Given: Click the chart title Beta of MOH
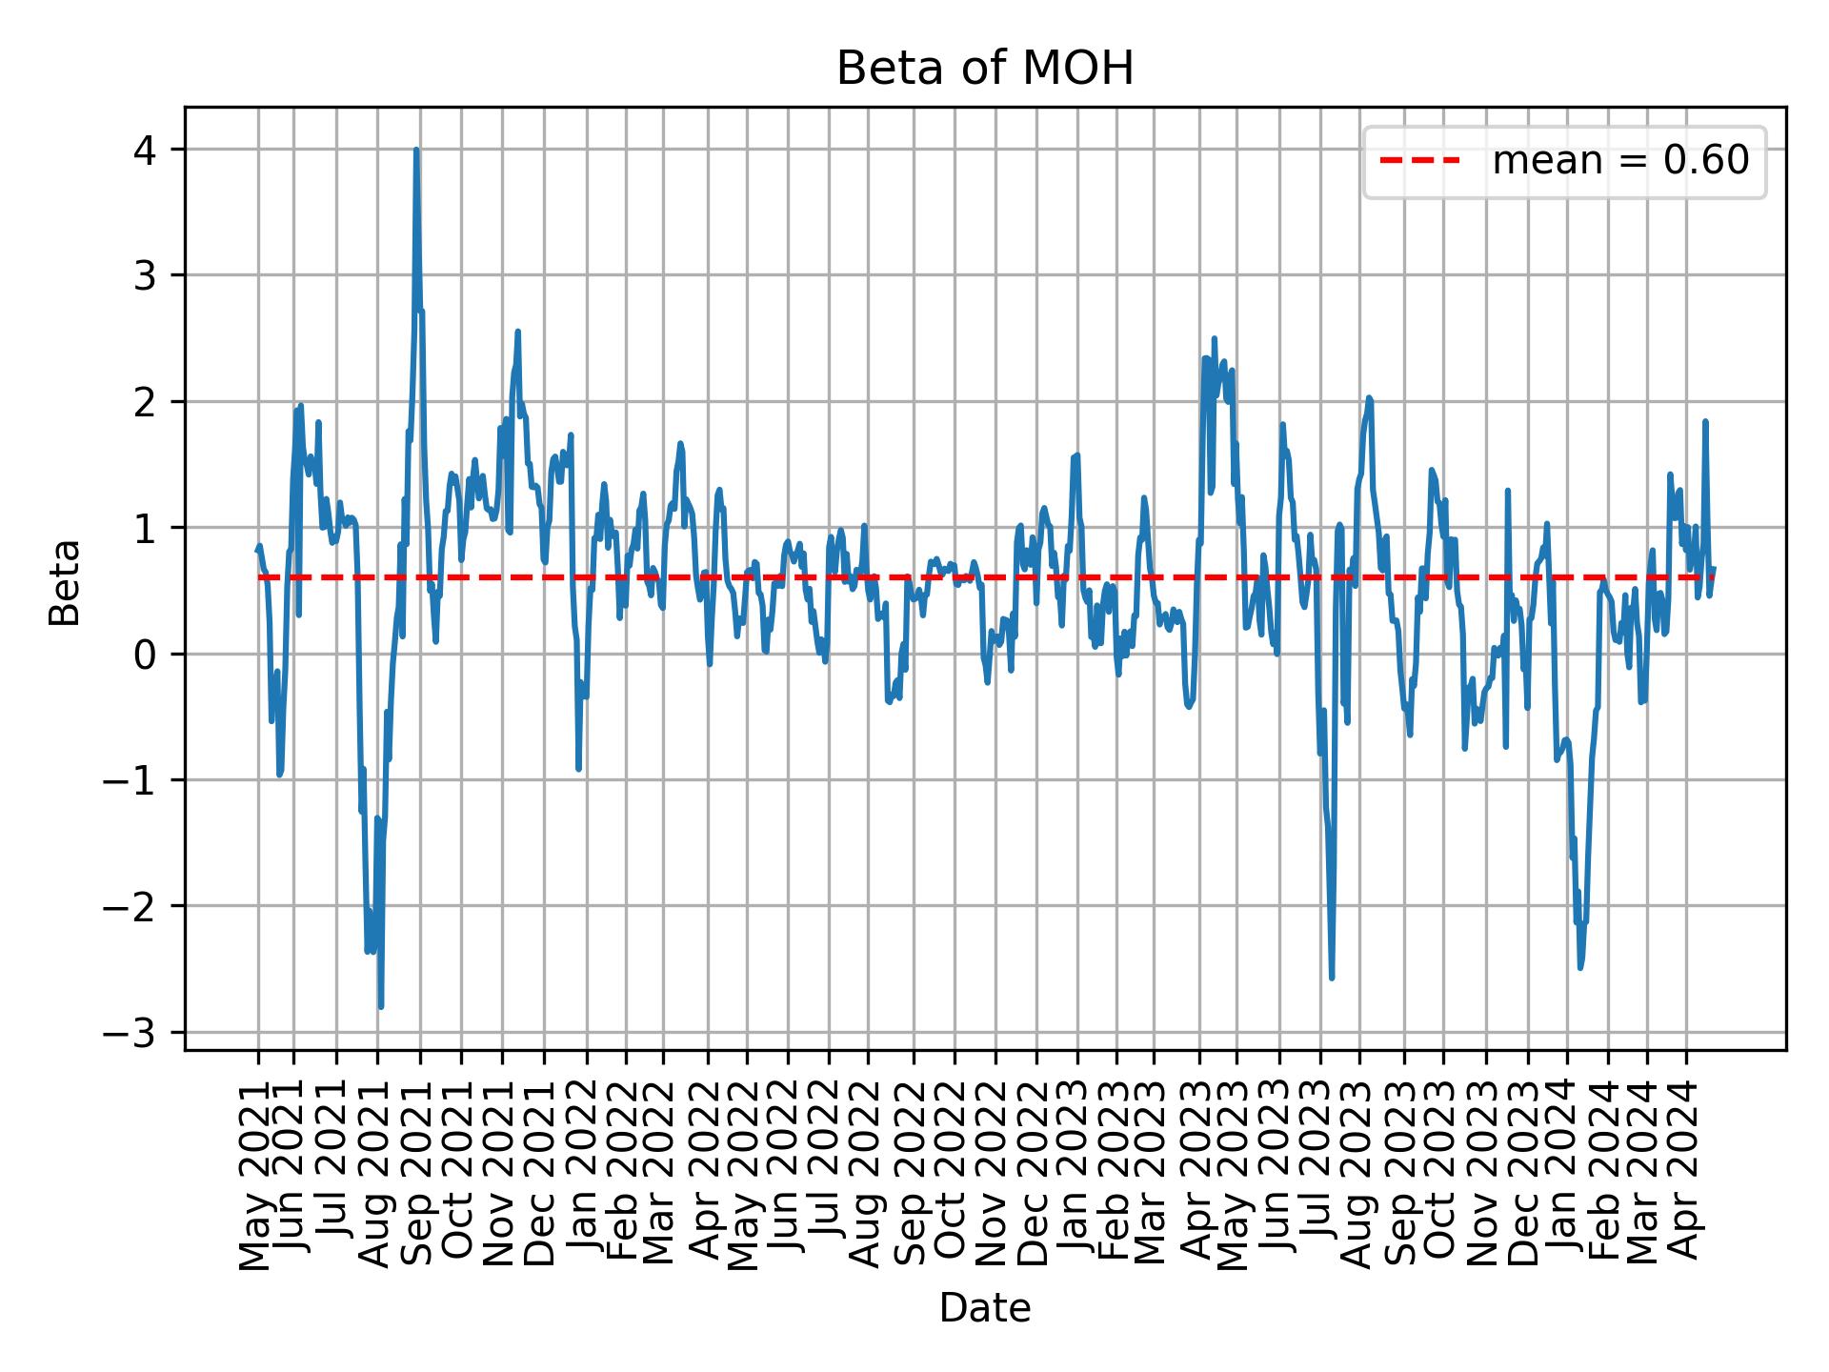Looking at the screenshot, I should coord(984,69).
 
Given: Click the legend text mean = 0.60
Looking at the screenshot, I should coord(1619,161).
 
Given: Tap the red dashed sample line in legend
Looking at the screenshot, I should coord(1419,161).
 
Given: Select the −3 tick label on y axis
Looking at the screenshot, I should coord(138,1033).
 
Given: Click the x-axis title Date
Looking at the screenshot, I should coord(984,1308).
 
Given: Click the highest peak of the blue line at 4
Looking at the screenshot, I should coord(416,151).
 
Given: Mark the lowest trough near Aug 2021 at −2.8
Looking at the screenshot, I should coord(380,1006).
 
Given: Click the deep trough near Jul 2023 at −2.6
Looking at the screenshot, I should coord(1331,978).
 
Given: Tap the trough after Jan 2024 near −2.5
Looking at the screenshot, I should coord(1580,967).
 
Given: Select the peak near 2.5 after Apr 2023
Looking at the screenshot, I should coord(1214,338).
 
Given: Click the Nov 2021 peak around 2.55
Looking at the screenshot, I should coord(517,332).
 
